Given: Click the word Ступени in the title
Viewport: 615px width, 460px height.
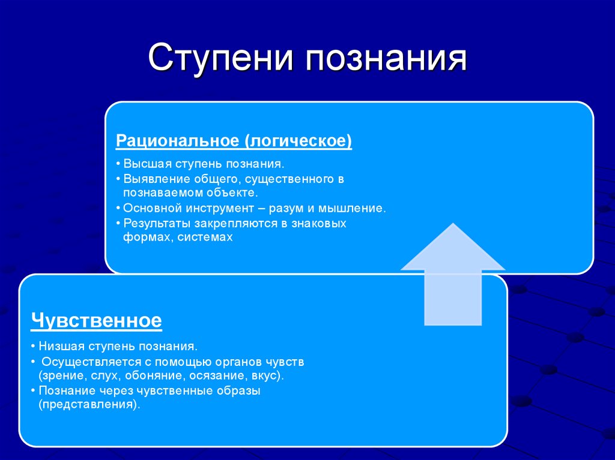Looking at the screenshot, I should coord(223,61).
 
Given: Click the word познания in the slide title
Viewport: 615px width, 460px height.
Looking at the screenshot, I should coord(388,61).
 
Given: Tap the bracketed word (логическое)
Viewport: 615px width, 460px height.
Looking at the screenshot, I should coord(298,141).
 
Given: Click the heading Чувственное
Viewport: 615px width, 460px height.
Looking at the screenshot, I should coord(96,320).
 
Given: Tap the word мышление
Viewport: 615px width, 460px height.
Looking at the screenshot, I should coord(354,208).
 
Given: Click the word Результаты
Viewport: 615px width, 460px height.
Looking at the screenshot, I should coord(154,223).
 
